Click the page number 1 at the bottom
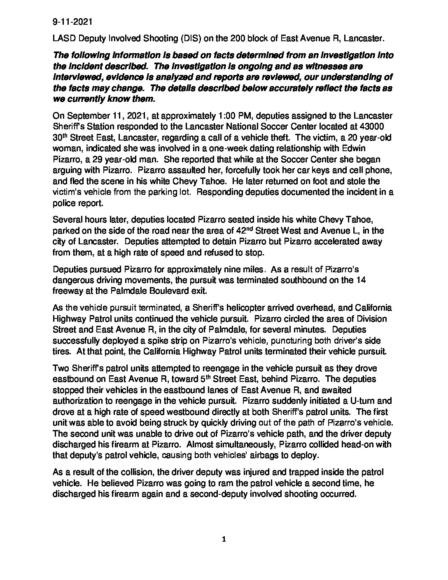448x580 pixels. coord(224,540)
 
